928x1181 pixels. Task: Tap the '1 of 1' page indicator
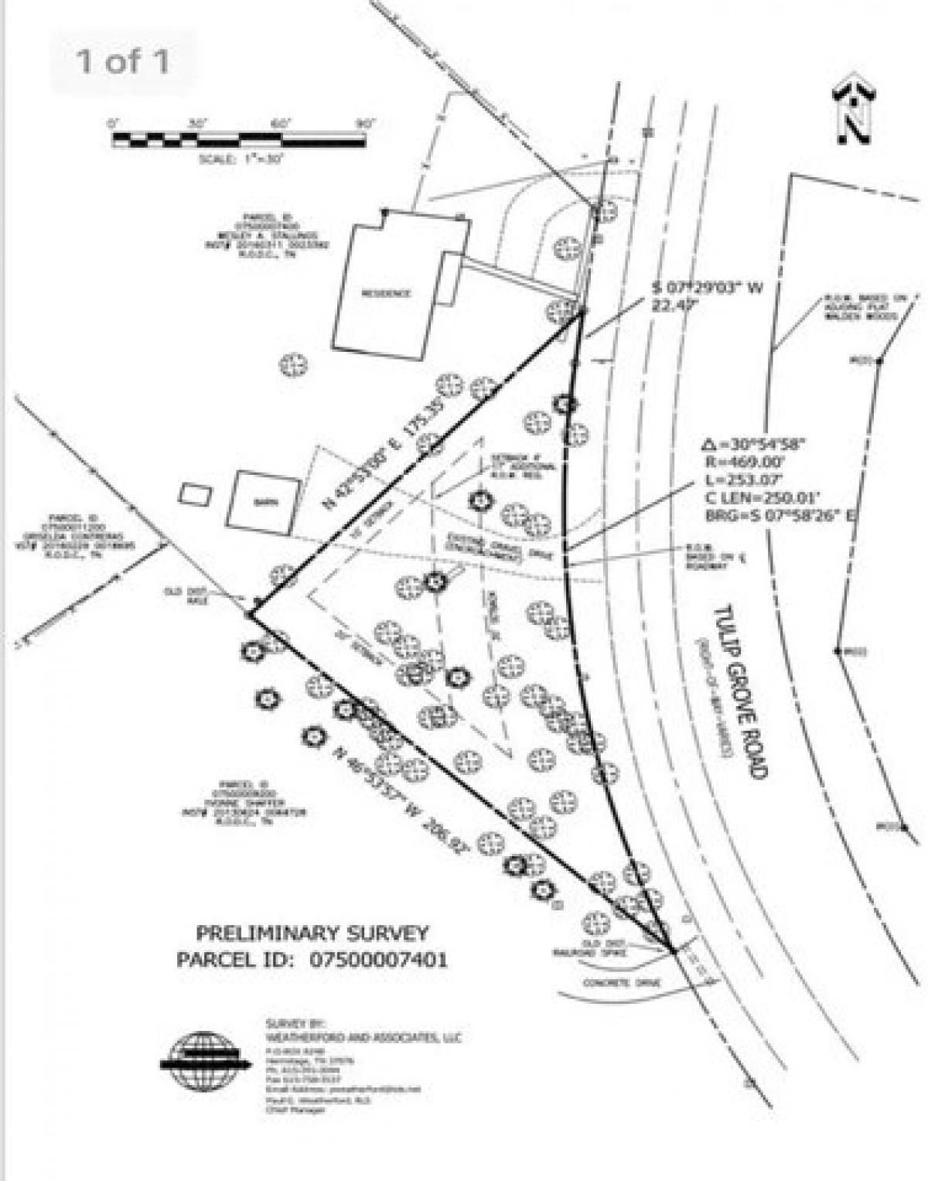tap(122, 61)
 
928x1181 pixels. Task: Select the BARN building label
tap(264, 501)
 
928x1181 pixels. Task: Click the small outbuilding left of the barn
tap(195, 494)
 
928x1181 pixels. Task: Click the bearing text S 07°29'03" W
tap(705, 288)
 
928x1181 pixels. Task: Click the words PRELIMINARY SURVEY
tap(312, 933)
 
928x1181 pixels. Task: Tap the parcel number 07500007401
tap(379, 960)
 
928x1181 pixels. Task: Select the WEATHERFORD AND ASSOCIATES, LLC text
tap(363, 1037)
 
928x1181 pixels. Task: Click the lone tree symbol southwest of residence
tap(292, 364)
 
